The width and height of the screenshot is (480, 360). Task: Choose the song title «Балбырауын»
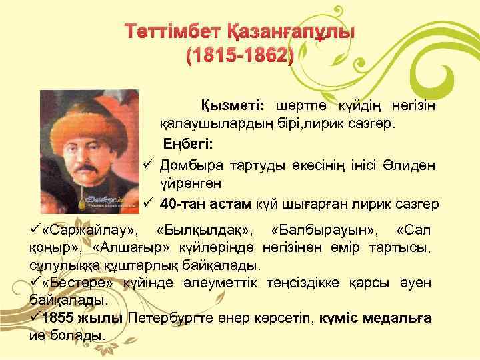pyautogui.click(x=325, y=231)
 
